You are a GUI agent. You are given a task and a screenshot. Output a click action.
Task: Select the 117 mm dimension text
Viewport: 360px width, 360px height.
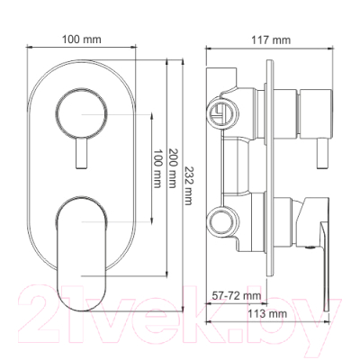(x=274, y=40)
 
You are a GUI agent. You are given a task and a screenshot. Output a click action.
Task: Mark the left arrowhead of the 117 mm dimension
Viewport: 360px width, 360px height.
(x=208, y=51)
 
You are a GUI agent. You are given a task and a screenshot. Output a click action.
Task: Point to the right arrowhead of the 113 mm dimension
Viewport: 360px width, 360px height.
(x=333, y=325)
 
